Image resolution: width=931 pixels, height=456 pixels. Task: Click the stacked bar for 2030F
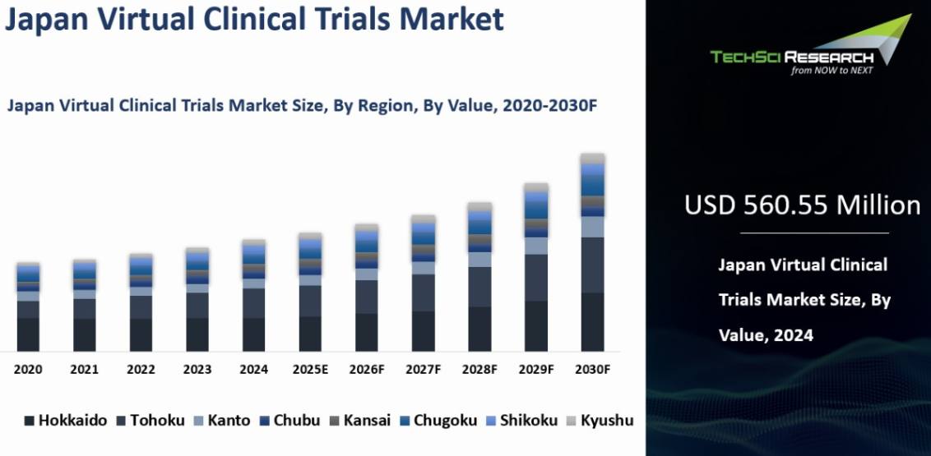(592, 252)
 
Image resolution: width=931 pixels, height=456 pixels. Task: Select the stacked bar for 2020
(28, 307)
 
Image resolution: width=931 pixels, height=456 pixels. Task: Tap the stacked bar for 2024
(253, 296)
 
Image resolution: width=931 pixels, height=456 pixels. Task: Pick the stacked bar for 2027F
(424, 283)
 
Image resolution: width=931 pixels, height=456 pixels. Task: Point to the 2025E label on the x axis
(310, 370)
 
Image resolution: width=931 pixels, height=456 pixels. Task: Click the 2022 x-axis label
(141, 370)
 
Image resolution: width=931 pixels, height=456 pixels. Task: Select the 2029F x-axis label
(536, 370)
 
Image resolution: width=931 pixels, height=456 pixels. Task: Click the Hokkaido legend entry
(65, 421)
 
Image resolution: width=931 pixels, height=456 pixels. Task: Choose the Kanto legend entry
(222, 421)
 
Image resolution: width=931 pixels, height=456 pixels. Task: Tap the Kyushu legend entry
(600, 421)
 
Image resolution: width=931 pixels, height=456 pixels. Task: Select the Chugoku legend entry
(438, 421)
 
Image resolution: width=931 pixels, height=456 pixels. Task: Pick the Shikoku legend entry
(522, 421)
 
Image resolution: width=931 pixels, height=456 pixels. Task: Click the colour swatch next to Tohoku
(121, 421)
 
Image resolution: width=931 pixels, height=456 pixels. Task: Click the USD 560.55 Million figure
(802, 205)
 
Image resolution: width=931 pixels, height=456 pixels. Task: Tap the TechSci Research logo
(811, 45)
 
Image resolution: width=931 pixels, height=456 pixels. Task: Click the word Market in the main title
(452, 19)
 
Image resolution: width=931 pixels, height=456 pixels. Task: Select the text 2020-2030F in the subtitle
(549, 105)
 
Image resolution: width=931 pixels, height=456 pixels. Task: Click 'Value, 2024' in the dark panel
(766, 335)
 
